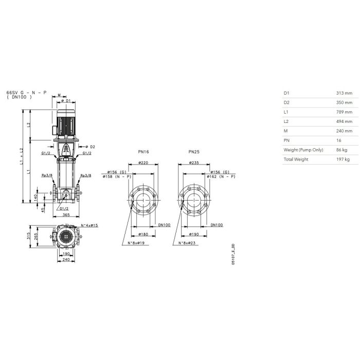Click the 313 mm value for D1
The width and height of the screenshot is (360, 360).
tap(344, 93)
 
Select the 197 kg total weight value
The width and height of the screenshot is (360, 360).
tap(343, 159)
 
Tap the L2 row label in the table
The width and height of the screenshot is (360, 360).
tap(286, 121)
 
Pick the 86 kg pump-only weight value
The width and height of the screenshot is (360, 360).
tap(342, 150)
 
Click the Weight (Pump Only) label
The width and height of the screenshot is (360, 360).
tap(303, 150)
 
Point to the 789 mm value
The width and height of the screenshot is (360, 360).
tap(344, 112)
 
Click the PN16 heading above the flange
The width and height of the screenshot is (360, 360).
tap(143, 152)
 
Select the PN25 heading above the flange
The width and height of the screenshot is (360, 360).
tap(194, 152)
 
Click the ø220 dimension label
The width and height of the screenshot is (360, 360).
tap(143, 163)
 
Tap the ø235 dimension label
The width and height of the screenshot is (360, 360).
tap(194, 163)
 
